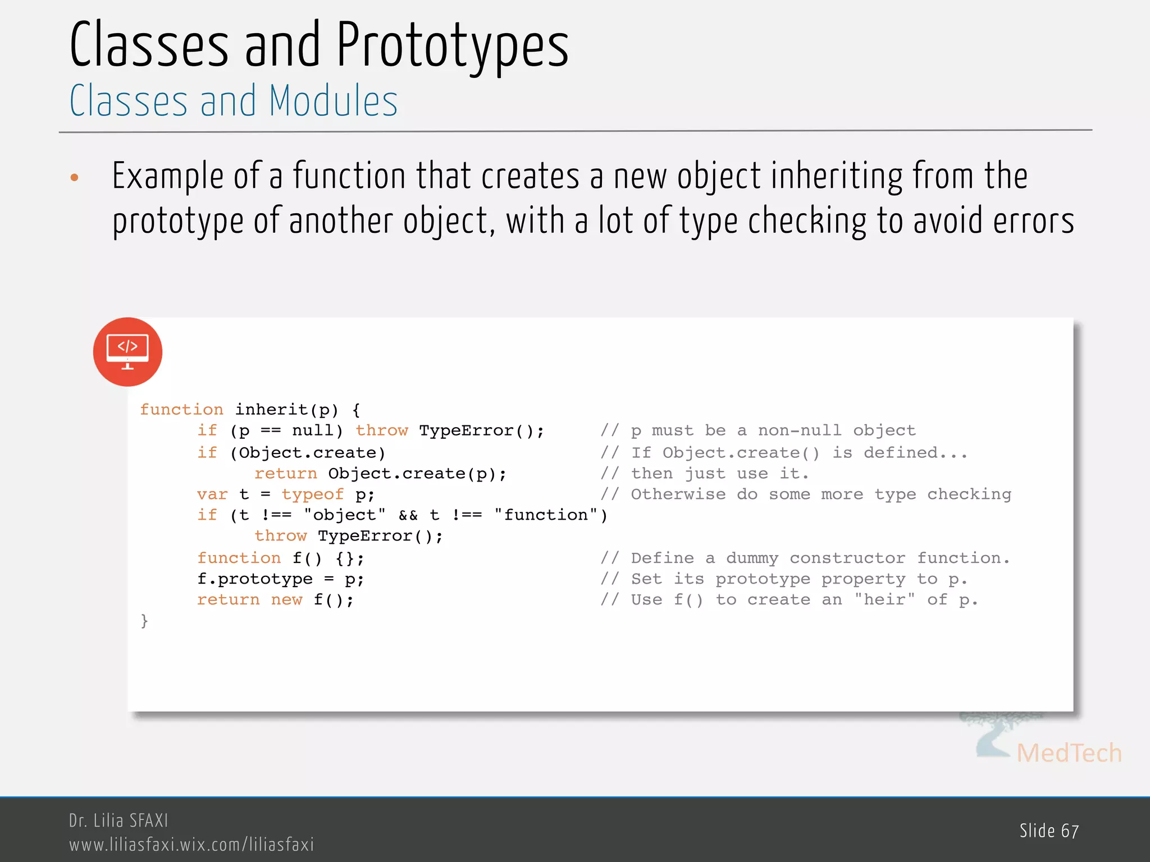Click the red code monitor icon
[127, 352]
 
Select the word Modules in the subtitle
[333, 101]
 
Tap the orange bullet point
[74, 178]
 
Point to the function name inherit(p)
[286, 410]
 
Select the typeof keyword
[312, 494]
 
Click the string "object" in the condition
[344, 515]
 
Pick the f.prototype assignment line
[280, 579]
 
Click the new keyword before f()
[286, 600]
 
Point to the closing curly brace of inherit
[144, 621]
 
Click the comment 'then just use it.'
[719, 474]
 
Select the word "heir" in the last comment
[884, 600]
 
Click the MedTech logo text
[1069, 753]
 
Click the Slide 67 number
[1049, 831]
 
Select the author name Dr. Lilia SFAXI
[118, 821]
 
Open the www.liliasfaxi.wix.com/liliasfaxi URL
[191, 845]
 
